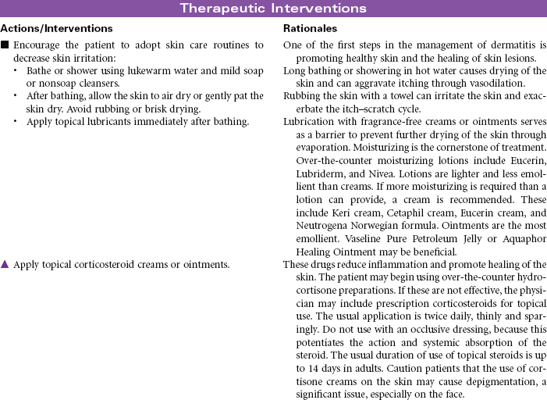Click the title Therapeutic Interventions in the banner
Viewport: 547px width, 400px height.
pos(273,9)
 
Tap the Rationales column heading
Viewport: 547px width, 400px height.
pos(308,28)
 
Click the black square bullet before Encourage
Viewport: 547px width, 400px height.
pos(5,45)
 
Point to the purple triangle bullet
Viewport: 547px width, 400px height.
pos(5,264)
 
